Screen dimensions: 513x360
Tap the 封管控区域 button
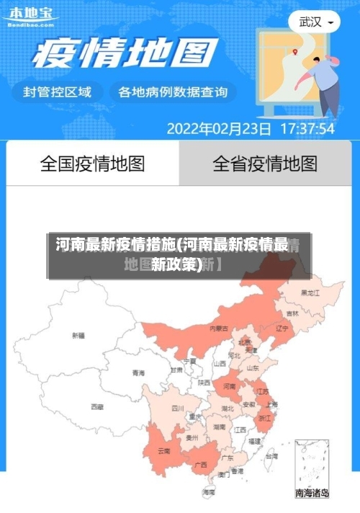tap(58, 92)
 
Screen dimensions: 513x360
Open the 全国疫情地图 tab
tap(92, 164)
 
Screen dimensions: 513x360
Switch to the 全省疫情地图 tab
tap(265, 164)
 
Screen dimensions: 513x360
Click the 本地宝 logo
tap(30, 16)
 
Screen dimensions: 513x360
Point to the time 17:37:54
tap(307, 129)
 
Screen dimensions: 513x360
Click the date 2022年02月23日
tap(219, 129)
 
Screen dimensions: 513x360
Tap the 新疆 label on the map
tap(78, 335)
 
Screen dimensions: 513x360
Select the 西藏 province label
tap(97, 406)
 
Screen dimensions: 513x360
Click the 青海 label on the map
tap(138, 373)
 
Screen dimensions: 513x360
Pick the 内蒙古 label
tap(219, 328)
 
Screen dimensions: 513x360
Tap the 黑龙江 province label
tap(310, 293)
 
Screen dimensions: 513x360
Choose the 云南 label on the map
tap(164, 451)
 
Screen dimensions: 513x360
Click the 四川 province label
tap(178, 408)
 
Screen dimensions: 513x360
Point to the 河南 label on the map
tap(229, 387)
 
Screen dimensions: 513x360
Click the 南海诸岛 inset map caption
tap(312, 494)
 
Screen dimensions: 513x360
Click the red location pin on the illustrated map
tap(295, 51)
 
